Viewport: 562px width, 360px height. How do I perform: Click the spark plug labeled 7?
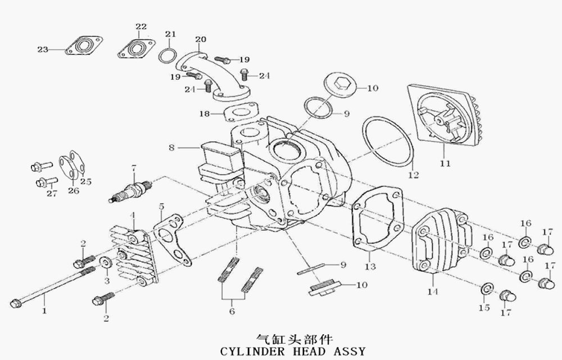[x=130, y=191]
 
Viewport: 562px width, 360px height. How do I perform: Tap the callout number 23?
[x=43, y=50]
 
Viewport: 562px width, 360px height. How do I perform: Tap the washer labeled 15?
[x=486, y=289]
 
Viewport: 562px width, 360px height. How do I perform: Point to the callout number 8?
[x=171, y=148]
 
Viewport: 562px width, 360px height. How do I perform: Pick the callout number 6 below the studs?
[x=231, y=311]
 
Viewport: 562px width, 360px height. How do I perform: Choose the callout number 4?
[x=133, y=216]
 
